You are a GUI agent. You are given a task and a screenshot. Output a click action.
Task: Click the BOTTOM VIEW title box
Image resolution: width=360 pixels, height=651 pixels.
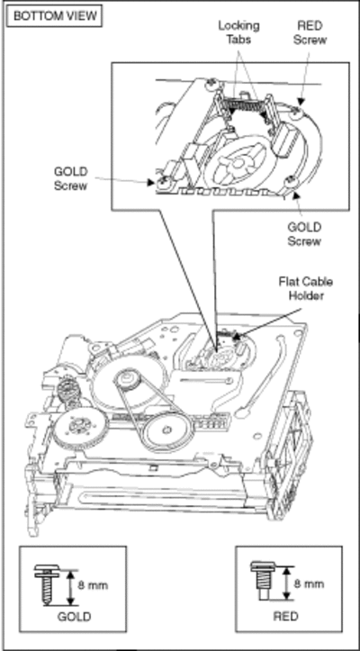pyautogui.click(x=55, y=16)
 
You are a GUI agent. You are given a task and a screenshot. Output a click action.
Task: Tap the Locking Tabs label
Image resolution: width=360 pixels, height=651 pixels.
pyautogui.click(x=238, y=32)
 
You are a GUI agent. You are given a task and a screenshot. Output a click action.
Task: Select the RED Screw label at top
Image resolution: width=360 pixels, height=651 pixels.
pyautogui.click(x=310, y=32)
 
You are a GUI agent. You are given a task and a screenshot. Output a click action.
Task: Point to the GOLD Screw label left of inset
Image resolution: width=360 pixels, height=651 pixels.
pyautogui.click(x=70, y=178)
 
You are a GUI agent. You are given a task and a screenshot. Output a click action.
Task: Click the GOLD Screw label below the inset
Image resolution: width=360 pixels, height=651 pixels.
pyautogui.click(x=304, y=234)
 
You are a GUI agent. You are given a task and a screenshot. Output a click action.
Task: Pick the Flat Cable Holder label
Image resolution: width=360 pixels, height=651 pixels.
pyautogui.click(x=305, y=289)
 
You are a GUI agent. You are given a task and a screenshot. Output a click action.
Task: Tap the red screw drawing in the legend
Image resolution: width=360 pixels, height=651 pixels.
pyautogui.click(x=261, y=581)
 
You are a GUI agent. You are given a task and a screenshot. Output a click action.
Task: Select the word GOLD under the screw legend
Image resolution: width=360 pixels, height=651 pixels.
pyautogui.click(x=74, y=617)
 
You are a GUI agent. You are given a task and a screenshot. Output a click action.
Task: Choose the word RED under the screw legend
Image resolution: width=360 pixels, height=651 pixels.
pyautogui.click(x=285, y=616)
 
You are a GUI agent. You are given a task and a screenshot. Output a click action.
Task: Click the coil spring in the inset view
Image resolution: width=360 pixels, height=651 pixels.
pyautogui.click(x=244, y=106)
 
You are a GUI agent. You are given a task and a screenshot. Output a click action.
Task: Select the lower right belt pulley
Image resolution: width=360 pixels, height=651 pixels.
pyautogui.click(x=168, y=433)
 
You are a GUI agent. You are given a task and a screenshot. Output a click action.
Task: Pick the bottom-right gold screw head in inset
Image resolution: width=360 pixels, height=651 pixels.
pyautogui.click(x=290, y=182)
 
